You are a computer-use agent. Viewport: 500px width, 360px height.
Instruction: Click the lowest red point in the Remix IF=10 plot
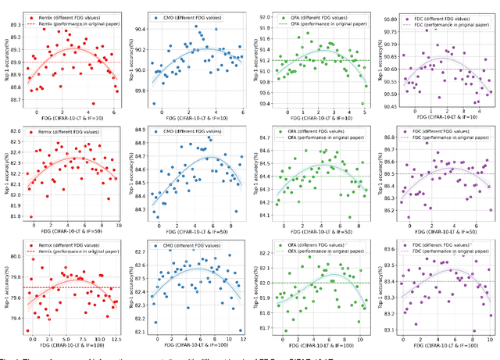[x=92, y=103]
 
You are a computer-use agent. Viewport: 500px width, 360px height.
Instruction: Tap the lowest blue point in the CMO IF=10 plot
[x=154, y=103]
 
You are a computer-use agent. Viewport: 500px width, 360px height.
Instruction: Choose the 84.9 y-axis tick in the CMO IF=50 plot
[x=140, y=130]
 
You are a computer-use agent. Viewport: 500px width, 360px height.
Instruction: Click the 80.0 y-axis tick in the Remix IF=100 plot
[x=14, y=256]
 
